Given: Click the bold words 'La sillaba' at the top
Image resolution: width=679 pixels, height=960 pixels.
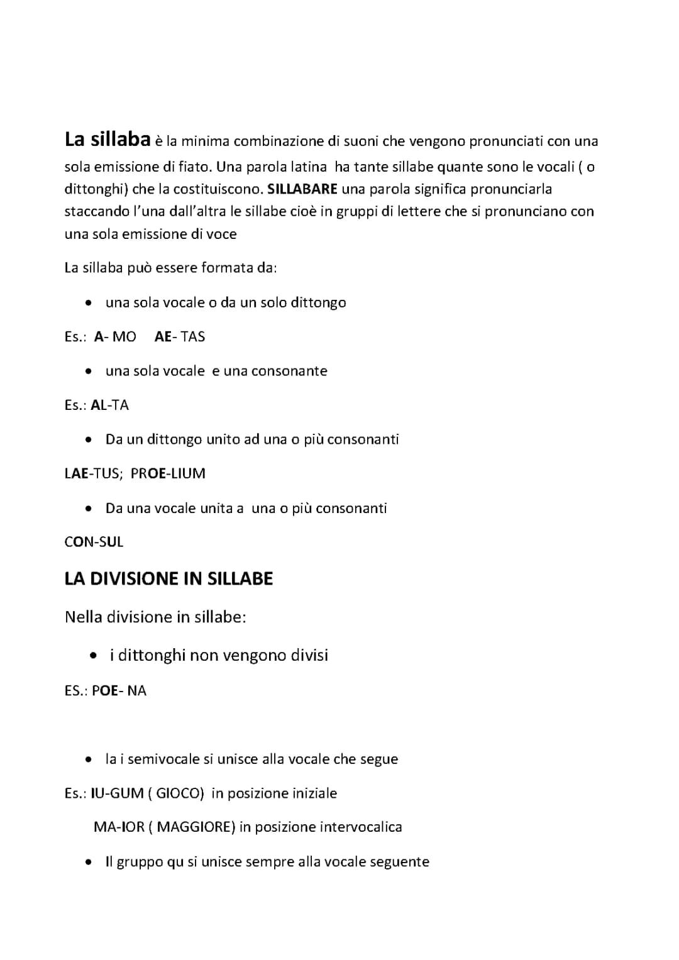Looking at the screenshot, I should coord(108,140).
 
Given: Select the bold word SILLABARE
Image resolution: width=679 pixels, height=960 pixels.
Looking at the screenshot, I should coord(302,189).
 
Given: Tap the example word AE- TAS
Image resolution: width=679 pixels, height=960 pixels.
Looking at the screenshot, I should coord(180,337).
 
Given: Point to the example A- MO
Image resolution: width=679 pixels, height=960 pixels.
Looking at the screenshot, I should coord(115,337).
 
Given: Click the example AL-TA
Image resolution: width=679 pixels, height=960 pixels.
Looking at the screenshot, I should coord(110,406).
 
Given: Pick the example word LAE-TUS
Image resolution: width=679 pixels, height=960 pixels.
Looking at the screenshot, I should coord(93,473).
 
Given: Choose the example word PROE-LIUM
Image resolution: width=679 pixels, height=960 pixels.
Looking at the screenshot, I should coord(168,473).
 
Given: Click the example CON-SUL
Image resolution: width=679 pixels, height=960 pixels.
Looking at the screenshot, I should coord(94,542).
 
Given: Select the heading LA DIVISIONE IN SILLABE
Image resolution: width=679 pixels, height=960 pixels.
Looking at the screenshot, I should coord(168,579).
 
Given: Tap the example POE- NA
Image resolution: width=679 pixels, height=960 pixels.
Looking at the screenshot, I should coord(119,691).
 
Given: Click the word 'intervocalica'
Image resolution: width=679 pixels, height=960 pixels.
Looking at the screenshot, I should coord(361,827).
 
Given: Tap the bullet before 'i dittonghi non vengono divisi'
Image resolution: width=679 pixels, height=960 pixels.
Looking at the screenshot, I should coord(93,656).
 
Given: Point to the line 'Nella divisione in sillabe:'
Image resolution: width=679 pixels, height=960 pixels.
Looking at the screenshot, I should coord(155,617).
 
